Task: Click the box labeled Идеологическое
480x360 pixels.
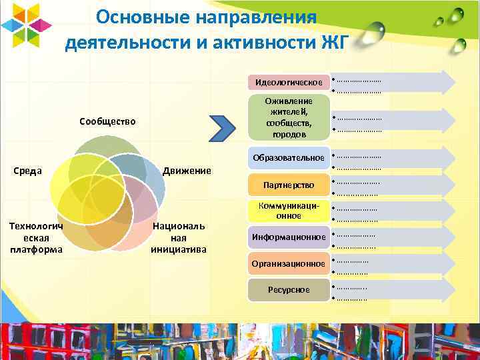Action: pyautogui.click(x=288, y=82)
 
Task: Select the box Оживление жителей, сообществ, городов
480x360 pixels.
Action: pyautogui.click(x=288, y=117)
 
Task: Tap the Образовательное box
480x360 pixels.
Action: pyautogui.click(x=288, y=157)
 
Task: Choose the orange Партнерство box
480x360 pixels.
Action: pyautogui.click(x=288, y=184)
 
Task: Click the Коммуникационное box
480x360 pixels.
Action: pyautogui.click(x=288, y=211)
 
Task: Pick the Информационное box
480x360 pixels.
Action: pyautogui.click(x=288, y=237)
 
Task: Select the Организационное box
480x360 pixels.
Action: pyautogui.click(x=288, y=264)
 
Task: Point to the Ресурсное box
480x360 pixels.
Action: pyautogui.click(x=288, y=289)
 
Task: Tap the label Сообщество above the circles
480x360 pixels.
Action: pyautogui.click(x=107, y=121)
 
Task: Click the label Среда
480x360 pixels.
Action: pyautogui.click(x=29, y=170)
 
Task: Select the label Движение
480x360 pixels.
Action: pyautogui.click(x=187, y=171)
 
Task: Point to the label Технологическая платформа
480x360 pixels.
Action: pyautogui.click(x=36, y=238)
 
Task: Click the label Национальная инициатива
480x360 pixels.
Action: pyautogui.click(x=179, y=238)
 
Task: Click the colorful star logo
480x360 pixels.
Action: pyautogui.click(x=25, y=25)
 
